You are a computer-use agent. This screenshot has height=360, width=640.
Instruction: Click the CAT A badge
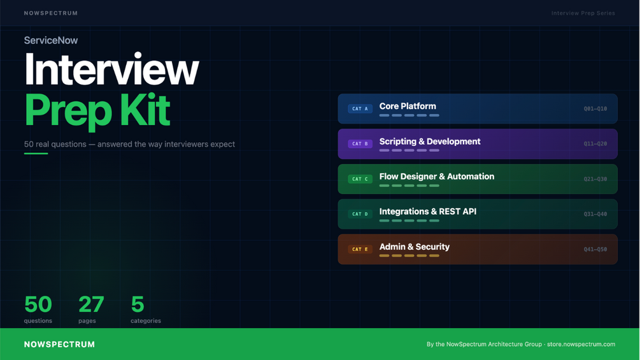[x=360, y=108]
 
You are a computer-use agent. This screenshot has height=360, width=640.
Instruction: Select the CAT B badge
[x=360, y=143]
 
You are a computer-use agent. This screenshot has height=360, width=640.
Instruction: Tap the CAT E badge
[x=360, y=249]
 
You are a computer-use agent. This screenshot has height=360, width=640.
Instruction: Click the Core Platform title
[x=408, y=106]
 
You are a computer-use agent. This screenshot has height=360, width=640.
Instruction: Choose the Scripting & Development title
[x=430, y=141]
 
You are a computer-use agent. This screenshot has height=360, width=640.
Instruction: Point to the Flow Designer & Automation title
[x=437, y=176]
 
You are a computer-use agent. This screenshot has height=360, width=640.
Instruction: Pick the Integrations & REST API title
[x=428, y=212]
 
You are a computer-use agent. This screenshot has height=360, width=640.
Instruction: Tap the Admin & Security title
[x=415, y=247]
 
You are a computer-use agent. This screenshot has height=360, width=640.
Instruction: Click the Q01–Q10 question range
[x=595, y=108]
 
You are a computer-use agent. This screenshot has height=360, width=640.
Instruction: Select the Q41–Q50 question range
[x=595, y=249]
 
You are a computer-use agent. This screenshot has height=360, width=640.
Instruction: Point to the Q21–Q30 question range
[x=595, y=179]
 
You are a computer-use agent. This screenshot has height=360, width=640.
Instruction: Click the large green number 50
[x=38, y=304]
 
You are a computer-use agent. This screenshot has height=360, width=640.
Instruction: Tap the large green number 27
[x=91, y=304]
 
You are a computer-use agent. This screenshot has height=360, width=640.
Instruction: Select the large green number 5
[x=138, y=304]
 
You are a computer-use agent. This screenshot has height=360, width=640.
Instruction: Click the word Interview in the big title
[x=111, y=69]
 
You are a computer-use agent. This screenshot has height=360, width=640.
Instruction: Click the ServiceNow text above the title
[x=50, y=40]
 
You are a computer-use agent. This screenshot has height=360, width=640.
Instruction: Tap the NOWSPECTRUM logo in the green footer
[x=59, y=345]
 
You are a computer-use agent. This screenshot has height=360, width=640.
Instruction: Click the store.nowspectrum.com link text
[x=581, y=344]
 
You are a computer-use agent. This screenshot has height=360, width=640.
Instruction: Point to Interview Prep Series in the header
[x=583, y=13]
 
